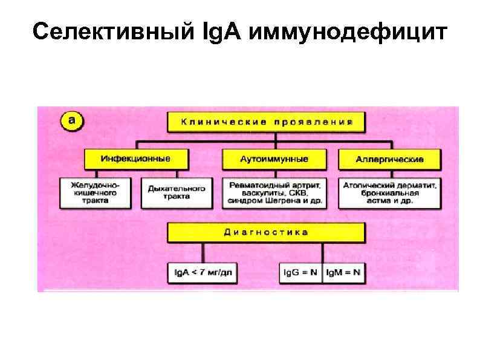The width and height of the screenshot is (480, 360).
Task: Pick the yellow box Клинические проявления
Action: [x=266, y=122]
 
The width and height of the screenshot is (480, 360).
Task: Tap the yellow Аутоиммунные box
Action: [x=274, y=159]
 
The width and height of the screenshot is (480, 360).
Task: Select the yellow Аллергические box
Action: [x=389, y=159]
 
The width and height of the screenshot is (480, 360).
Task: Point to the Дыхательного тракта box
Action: [x=177, y=192]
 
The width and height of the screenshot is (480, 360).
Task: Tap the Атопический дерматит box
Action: [x=389, y=192]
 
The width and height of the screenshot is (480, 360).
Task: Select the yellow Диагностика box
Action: [x=266, y=232]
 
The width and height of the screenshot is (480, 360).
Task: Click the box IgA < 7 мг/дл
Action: [x=202, y=273]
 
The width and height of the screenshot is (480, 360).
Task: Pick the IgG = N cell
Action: [x=301, y=273]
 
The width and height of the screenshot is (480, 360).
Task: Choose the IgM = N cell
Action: [x=343, y=273]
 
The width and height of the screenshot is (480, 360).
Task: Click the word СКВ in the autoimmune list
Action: [x=300, y=193]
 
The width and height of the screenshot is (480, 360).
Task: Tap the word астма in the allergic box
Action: [x=378, y=201]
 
